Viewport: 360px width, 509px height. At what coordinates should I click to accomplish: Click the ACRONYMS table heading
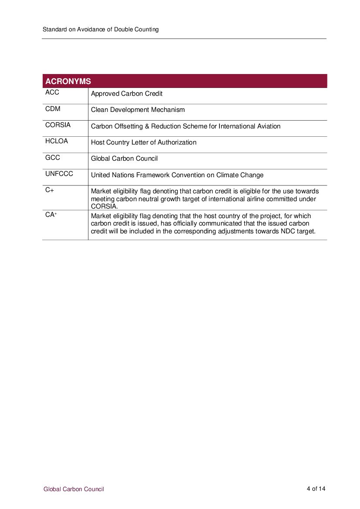(68, 81)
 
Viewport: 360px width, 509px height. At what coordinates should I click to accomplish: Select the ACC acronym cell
(52, 93)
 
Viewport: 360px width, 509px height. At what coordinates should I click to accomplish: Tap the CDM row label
(53, 109)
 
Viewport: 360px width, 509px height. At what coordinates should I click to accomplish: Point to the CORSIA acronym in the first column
(58, 125)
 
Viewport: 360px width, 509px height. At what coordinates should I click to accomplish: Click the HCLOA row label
(57, 142)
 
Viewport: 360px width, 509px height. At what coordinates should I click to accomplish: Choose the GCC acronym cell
(53, 158)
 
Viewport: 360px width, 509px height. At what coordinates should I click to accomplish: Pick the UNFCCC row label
(59, 174)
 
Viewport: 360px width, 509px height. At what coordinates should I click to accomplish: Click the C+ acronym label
(50, 190)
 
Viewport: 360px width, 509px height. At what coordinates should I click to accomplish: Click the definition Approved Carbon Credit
(127, 94)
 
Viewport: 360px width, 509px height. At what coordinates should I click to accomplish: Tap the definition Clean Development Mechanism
(138, 110)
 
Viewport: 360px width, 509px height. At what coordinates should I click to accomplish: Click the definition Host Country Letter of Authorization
(144, 142)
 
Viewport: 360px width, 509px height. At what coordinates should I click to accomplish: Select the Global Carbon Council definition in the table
(124, 158)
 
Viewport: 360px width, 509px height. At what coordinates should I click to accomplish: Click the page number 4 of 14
(316, 489)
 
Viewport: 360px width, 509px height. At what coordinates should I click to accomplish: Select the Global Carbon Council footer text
(74, 489)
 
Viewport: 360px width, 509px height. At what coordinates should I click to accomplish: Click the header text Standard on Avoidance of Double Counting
(101, 30)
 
